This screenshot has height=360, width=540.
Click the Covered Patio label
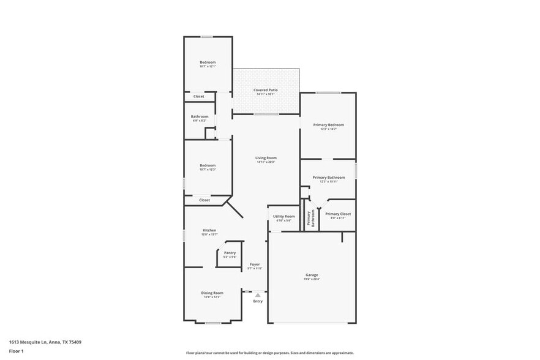pos(266,90)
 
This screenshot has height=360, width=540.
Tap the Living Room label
pos(266,158)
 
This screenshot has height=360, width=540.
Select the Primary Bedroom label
pos(328,125)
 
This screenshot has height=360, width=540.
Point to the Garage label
pos(312,275)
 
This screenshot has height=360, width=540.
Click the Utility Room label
pos(283,216)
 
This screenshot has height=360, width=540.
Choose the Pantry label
pos(230,253)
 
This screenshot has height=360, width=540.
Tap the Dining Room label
pos(212,293)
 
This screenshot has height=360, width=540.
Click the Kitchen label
pos(209,230)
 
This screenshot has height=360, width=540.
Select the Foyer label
pos(255,264)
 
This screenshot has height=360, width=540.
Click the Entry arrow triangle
pos(258,295)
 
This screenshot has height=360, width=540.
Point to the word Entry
pos(258,301)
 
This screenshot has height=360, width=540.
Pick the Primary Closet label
pos(338,214)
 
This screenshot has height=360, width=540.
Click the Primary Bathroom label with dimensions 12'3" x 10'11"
pos(328,178)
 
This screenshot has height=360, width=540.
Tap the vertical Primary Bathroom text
pos(310,219)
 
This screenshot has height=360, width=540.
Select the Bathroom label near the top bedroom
pos(200,116)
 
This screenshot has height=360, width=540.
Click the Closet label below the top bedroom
pos(199,96)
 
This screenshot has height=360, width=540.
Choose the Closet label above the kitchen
pos(204,200)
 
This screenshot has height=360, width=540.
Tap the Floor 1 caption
pos(16,351)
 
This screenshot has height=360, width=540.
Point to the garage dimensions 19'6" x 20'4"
pos(312,279)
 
